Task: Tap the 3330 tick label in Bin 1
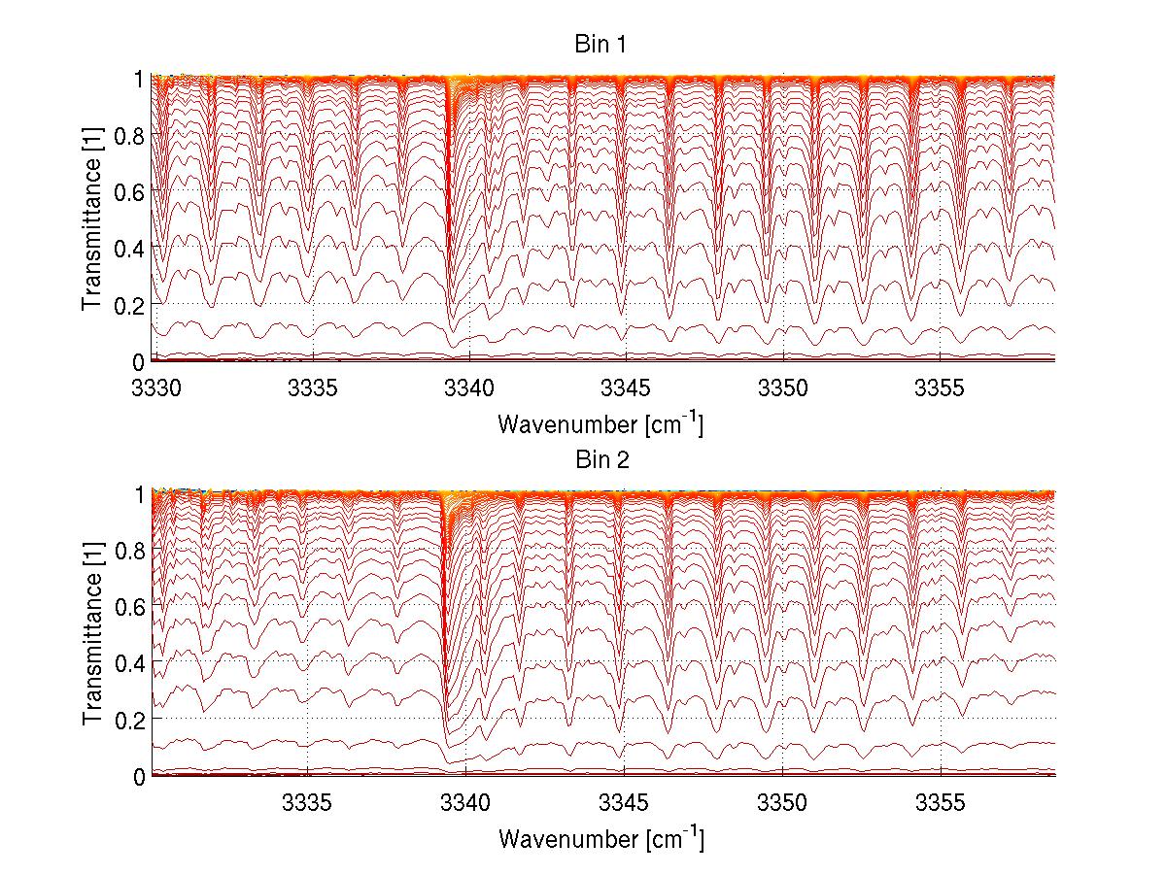[x=155, y=387]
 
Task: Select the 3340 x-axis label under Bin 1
[x=469, y=387]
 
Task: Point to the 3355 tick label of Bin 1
[x=940, y=387]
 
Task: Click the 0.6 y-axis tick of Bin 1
[x=129, y=192]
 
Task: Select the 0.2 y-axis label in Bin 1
[x=129, y=305]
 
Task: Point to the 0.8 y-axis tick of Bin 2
[x=129, y=551]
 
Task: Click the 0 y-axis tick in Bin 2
[x=139, y=776]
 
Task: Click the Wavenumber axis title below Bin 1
[x=600, y=424]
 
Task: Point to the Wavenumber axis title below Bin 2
[x=600, y=839]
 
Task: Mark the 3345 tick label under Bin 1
[x=626, y=387]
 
